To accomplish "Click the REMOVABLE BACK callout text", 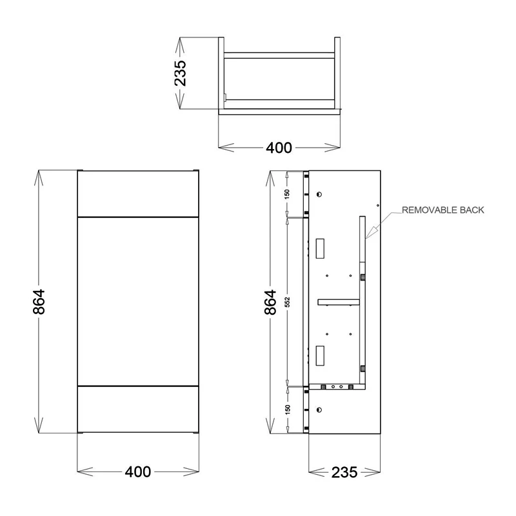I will pyautogui.click(x=442, y=210).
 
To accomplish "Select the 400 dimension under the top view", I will pyautogui.click(x=279, y=148).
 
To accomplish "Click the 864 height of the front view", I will pyautogui.click(x=38, y=301).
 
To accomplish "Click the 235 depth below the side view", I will pyautogui.click(x=344, y=472).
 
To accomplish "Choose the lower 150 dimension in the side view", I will pyautogui.click(x=287, y=408).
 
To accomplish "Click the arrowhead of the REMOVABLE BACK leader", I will pyautogui.click(x=369, y=237).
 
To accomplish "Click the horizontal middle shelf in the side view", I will pyautogui.click(x=338, y=301).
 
